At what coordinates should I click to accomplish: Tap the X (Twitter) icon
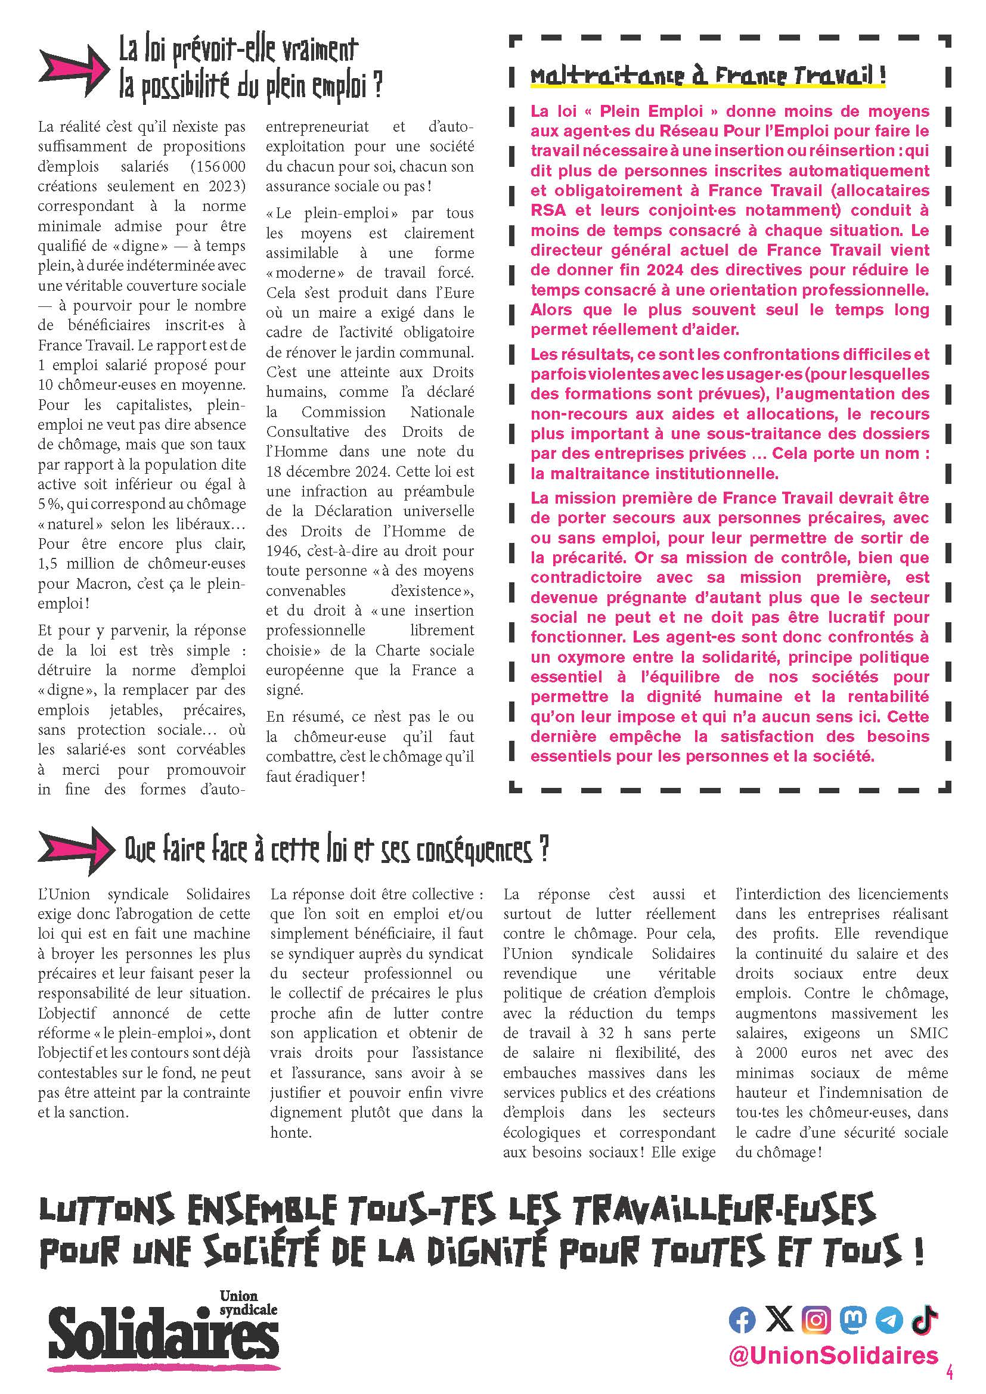[780, 1320]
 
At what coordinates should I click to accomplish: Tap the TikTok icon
[925, 1320]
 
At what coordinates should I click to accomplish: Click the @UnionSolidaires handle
[833, 1356]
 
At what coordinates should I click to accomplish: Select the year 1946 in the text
[283, 551]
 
